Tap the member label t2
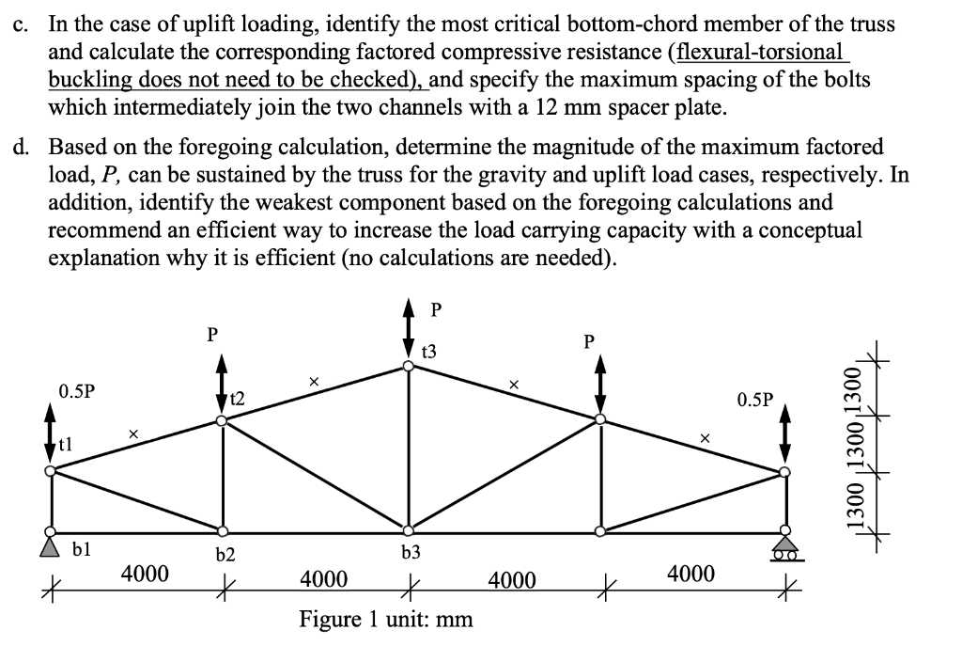pos(237,399)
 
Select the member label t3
pos(427,352)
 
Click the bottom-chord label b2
pos(225,555)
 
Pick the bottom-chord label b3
pos(410,553)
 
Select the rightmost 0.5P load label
pos(755,399)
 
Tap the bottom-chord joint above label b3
pos(408,531)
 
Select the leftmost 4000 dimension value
pos(144,573)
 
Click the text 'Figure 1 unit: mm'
pos(385,619)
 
